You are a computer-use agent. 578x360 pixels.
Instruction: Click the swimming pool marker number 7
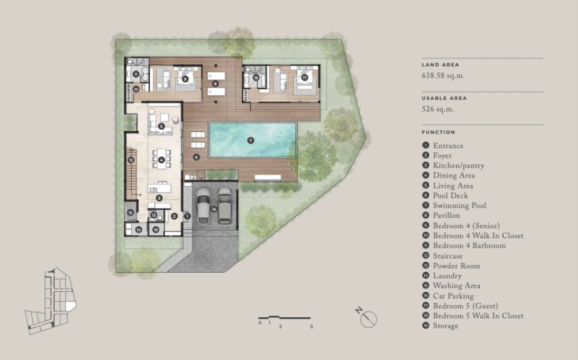251,140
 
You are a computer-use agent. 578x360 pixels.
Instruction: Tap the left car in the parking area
203,206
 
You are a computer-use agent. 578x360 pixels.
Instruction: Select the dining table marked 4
161,159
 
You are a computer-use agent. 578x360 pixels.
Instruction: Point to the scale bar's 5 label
312,326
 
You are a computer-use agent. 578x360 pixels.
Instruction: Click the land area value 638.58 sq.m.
443,76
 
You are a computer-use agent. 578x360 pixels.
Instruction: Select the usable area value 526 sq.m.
438,109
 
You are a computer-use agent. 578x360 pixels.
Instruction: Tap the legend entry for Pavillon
441,216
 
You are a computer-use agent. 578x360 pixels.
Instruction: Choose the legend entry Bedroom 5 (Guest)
461,306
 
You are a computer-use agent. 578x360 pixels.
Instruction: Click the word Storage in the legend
446,326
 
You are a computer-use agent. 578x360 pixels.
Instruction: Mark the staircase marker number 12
131,160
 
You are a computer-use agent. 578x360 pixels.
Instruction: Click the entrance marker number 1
187,216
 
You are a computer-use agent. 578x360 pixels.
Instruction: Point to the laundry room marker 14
139,229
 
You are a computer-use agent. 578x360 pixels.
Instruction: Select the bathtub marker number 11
136,74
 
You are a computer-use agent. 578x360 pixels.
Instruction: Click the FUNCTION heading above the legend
438,132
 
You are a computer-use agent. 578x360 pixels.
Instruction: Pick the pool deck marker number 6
196,157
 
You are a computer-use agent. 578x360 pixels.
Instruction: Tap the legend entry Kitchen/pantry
453,166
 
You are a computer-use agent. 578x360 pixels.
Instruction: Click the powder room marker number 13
153,215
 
